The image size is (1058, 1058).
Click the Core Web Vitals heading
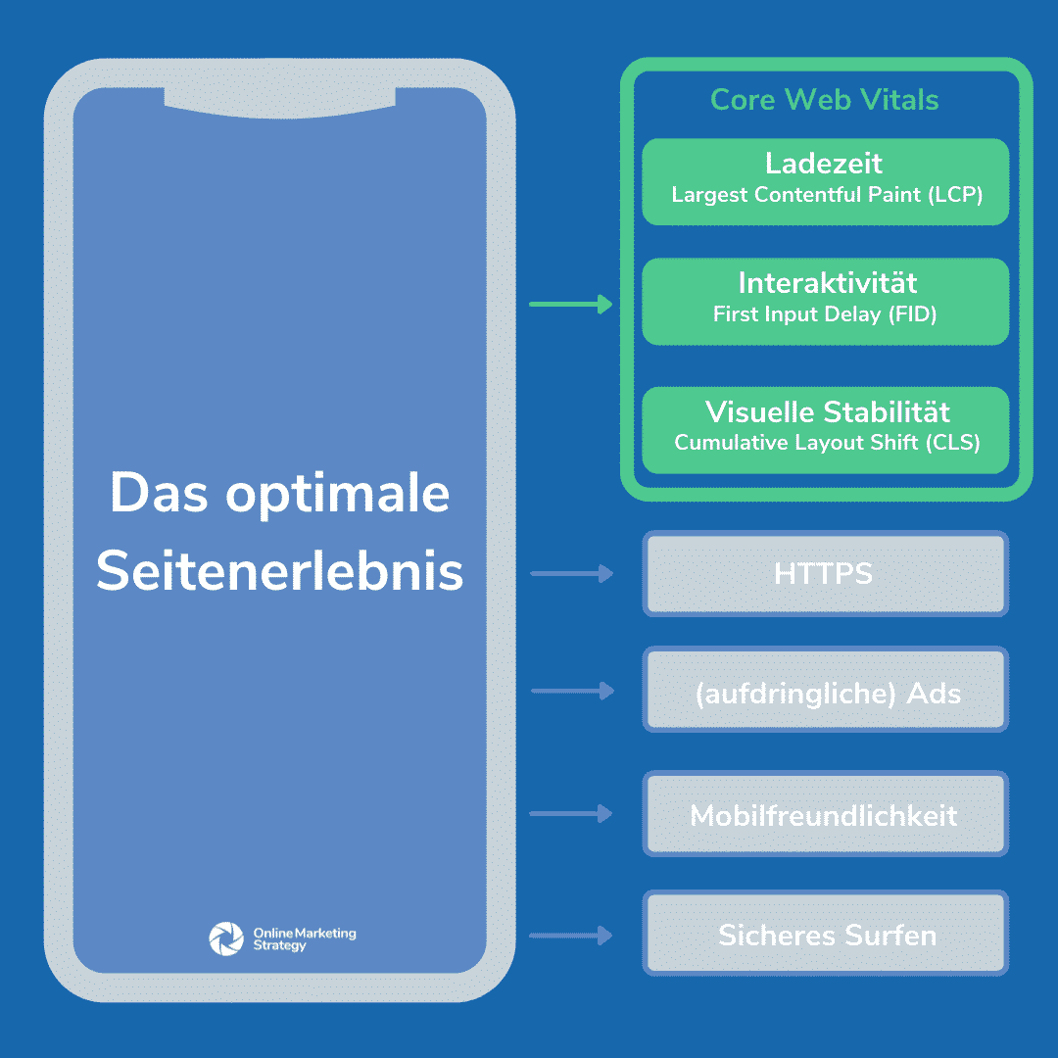[x=824, y=100]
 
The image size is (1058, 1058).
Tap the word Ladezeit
[x=824, y=163]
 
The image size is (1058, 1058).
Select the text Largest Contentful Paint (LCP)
[x=827, y=195]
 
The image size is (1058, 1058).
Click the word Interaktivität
[x=827, y=282]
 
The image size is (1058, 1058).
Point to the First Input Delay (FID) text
[x=825, y=314]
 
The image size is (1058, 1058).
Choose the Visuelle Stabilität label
[x=827, y=410]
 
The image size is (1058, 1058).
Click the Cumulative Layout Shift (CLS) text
[x=827, y=443]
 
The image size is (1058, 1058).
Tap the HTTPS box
[x=825, y=573]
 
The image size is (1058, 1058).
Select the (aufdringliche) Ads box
[x=825, y=690]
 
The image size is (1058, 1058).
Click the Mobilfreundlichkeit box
[x=825, y=814]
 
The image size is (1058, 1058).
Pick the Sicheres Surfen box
[x=825, y=934]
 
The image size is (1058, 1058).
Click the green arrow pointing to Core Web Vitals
[x=571, y=305]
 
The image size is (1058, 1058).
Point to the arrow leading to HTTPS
[x=571, y=573]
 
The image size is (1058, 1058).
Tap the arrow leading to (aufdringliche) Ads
[x=572, y=691]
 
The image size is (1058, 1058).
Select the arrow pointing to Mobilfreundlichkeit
[x=571, y=814]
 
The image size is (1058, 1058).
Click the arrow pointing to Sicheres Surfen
[x=571, y=936]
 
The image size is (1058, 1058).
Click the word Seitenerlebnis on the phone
[x=279, y=570]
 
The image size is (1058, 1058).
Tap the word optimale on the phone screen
[x=337, y=496]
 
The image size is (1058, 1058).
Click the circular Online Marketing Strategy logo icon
[x=226, y=938]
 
